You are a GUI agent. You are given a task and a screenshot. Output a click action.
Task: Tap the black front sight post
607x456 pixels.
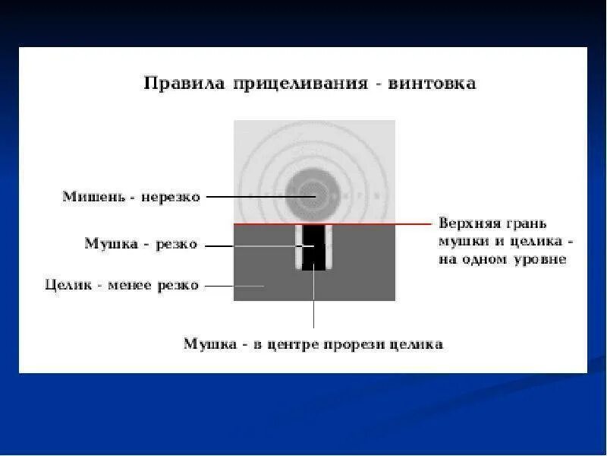point(313,247)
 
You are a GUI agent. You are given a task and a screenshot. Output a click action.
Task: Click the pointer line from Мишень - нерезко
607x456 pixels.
point(258,196)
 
